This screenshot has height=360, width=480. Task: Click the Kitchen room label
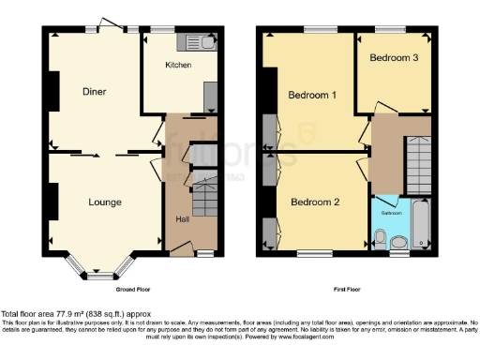(x=178, y=66)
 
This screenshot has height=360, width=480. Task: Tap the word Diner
(x=93, y=92)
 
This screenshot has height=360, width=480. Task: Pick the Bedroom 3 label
(x=391, y=57)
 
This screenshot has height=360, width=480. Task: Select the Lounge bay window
(x=97, y=276)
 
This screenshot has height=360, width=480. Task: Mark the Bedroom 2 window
(x=316, y=253)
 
